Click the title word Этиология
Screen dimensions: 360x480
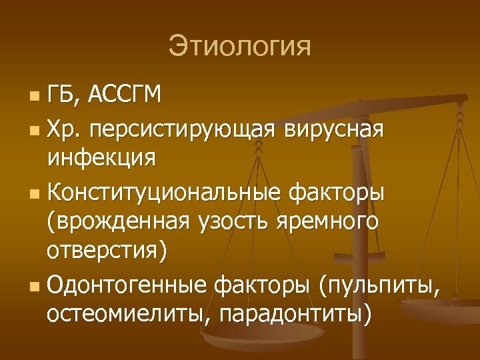point(239,47)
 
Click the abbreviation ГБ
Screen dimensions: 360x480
point(62,95)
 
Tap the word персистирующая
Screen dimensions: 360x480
point(183,128)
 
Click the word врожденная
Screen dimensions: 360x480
point(119,224)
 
